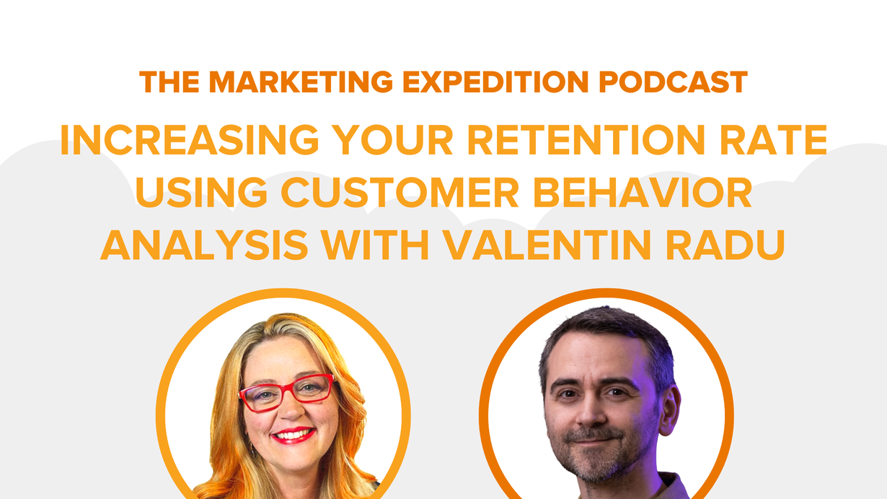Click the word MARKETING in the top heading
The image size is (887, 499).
click(x=301, y=82)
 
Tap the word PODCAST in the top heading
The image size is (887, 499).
click(x=673, y=82)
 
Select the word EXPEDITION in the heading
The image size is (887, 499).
click(x=495, y=82)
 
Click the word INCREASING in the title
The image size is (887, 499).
click(x=190, y=140)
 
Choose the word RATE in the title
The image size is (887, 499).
click(x=773, y=140)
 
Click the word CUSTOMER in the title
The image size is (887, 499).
click(x=400, y=192)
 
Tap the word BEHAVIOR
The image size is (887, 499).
click(x=643, y=192)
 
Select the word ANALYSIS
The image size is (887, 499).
click(x=204, y=244)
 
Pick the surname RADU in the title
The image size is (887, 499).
click(x=725, y=244)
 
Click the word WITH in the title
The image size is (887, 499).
click(x=375, y=244)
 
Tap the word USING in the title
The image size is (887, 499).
click(x=201, y=192)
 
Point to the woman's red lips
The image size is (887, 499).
click(x=294, y=435)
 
